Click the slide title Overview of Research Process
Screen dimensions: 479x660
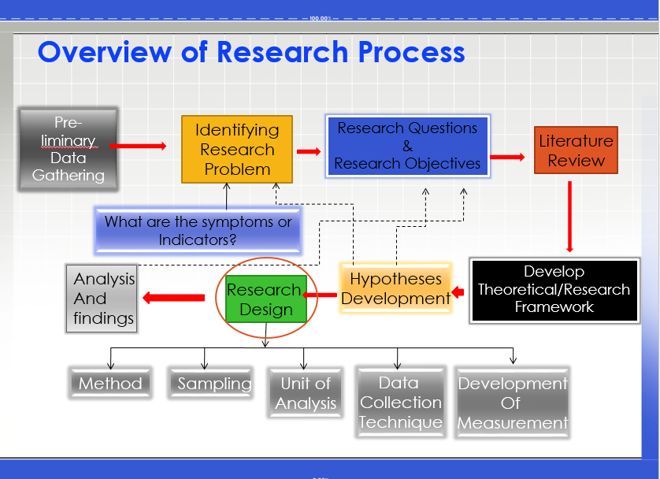point(251,52)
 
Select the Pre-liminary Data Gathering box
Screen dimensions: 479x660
point(69,149)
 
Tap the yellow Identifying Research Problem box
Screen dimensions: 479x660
point(236,150)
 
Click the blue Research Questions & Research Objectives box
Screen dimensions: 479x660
point(407,147)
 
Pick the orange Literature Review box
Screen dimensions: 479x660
point(576,150)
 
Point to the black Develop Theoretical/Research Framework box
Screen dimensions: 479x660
point(554,290)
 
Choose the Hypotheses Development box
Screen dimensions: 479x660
point(395,289)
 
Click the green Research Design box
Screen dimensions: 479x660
point(265,299)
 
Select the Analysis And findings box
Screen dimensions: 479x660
point(103,299)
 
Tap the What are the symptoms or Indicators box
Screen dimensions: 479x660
point(198,231)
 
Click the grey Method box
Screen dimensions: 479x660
point(110,384)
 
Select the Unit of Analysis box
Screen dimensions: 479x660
point(306,393)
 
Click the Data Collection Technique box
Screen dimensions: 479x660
point(399,403)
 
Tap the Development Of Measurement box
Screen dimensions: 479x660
point(513,403)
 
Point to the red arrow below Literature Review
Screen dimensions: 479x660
point(569,216)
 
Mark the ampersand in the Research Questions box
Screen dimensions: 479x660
point(407,146)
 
